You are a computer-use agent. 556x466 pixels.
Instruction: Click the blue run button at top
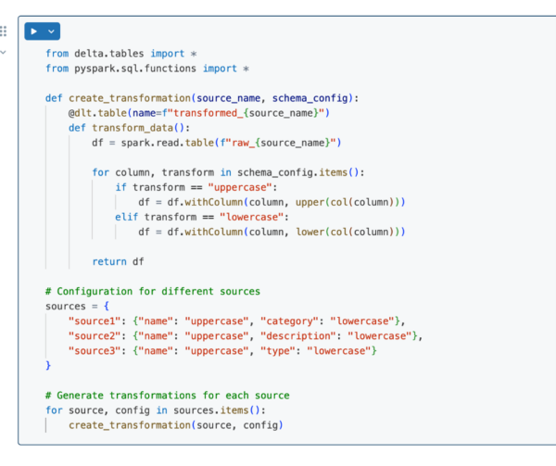point(34,31)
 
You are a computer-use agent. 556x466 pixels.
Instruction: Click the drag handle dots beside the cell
point(4,31)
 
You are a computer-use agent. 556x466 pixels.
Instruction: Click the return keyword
point(110,261)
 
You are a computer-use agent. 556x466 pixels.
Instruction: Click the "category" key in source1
point(295,321)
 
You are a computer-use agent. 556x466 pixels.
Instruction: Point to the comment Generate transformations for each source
point(167,396)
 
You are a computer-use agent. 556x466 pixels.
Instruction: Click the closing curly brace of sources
point(48,365)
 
